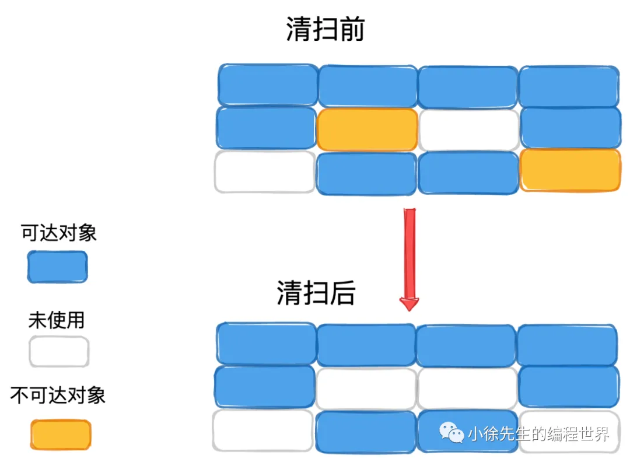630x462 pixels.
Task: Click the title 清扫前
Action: [x=325, y=29]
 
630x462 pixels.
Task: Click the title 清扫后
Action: [x=316, y=293]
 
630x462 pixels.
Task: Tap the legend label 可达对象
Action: [x=59, y=233]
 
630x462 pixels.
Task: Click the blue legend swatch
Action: [x=58, y=267]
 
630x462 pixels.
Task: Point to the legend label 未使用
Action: [x=57, y=320]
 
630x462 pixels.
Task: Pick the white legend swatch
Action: [x=59, y=352]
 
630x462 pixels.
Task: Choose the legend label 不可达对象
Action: [x=58, y=395]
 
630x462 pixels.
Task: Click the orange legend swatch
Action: [x=61, y=435]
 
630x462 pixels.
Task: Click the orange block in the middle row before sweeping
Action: [x=367, y=129]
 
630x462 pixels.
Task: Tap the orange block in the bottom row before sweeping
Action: [x=570, y=170]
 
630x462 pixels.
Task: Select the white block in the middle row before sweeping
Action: [x=468, y=129]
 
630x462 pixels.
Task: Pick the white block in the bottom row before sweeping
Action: [x=265, y=172]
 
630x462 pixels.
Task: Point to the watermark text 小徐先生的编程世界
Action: [x=538, y=433]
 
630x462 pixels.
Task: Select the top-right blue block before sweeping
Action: [x=569, y=87]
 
